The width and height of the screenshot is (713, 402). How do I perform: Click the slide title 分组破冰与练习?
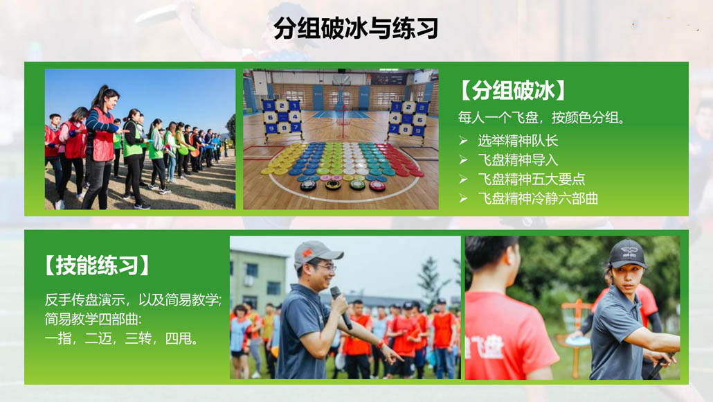[356, 28]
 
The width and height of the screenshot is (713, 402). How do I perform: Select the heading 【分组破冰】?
[513, 90]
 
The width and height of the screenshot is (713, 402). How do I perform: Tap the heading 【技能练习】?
[97, 265]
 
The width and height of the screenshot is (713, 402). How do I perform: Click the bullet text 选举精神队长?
[518, 141]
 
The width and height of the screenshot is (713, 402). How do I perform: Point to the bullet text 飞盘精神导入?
[518, 160]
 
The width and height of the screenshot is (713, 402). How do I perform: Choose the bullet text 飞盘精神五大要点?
[531, 179]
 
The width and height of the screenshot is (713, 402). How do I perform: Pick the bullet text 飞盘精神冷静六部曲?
[537, 198]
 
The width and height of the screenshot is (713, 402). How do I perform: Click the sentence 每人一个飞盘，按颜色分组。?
[541, 118]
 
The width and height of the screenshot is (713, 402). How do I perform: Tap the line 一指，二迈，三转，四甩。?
[122, 338]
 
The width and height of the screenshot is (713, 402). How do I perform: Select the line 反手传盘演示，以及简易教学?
[133, 299]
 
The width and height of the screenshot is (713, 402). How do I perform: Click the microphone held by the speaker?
[341, 307]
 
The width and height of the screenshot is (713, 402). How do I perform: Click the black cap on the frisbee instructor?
[628, 254]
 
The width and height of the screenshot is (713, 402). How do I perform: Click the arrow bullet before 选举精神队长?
[463, 141]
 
